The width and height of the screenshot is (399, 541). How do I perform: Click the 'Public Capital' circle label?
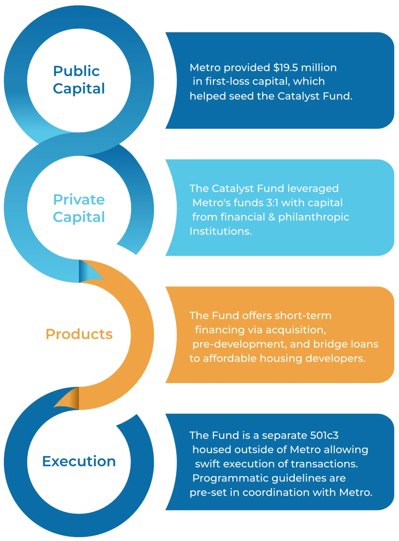pyautogui.click(x=79, y=80)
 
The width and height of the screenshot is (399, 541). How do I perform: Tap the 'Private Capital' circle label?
pyautogui.click(x=79, y=208)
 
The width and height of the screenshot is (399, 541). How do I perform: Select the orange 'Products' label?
pyautogui.click(x=79, y=334)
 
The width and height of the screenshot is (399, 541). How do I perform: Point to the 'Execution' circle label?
pyautogui.click(x=79, y=461)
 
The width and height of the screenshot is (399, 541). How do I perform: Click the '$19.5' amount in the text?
pyautogui.click(x=285, y=68)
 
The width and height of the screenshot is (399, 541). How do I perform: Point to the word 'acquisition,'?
pyautogui.click(x=295, y=330)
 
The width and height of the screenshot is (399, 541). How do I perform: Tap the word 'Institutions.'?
pyautogui.click(x=220, y=231)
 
